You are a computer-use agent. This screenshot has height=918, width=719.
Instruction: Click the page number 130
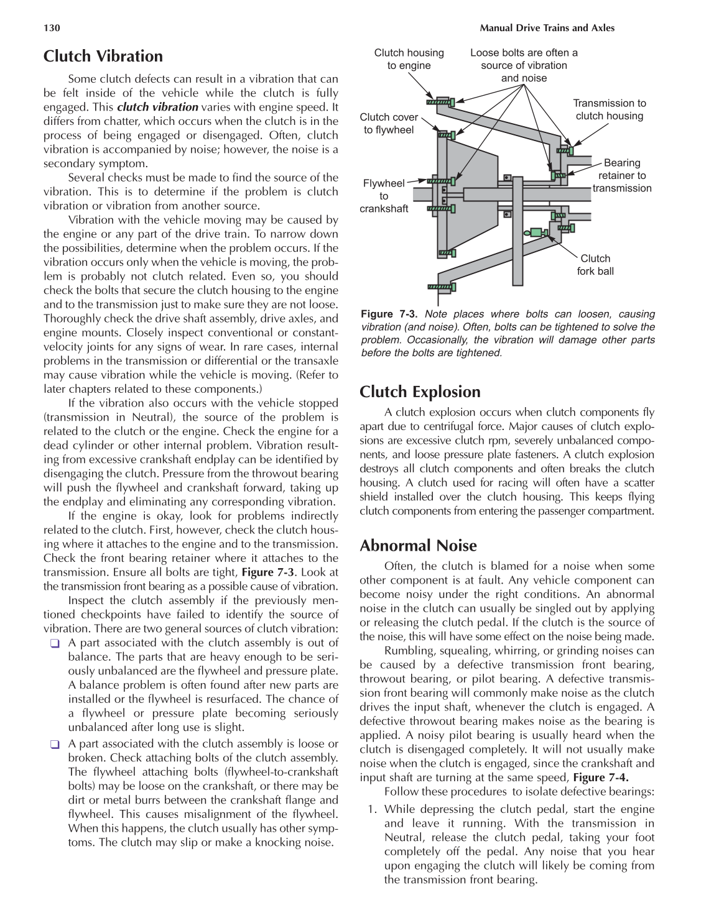point(52,28)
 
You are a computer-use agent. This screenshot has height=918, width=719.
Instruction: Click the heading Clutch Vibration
point(103,56)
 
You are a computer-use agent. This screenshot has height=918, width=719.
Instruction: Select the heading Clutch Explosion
point(420,392)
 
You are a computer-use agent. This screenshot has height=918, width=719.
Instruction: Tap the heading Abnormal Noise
point(418,546)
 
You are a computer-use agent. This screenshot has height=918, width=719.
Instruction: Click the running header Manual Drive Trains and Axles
point(547,28)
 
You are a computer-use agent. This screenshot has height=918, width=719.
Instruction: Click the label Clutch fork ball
point(595,265)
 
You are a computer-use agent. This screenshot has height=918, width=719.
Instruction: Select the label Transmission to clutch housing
point(609,109)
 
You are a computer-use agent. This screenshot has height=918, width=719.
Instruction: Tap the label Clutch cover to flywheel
point(389,123)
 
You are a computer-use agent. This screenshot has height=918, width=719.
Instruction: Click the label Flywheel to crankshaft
point(384,196)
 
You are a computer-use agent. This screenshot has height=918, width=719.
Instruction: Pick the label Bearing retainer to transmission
point(621,175)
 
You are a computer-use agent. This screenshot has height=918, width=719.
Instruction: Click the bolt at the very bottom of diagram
point(442,287)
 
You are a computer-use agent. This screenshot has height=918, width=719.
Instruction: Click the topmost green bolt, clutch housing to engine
point(441,101)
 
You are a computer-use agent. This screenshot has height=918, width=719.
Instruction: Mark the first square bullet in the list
point(55,643)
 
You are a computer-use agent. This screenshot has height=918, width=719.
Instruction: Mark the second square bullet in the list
point(55,744)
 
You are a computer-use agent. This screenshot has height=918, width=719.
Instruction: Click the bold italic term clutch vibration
point(157,107)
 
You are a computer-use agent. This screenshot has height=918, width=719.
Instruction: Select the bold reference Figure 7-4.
point(600,778)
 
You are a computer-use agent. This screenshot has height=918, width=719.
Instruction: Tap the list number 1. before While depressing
point(372,809)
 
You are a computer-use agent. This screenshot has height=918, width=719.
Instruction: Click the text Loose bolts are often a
point(524,53)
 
